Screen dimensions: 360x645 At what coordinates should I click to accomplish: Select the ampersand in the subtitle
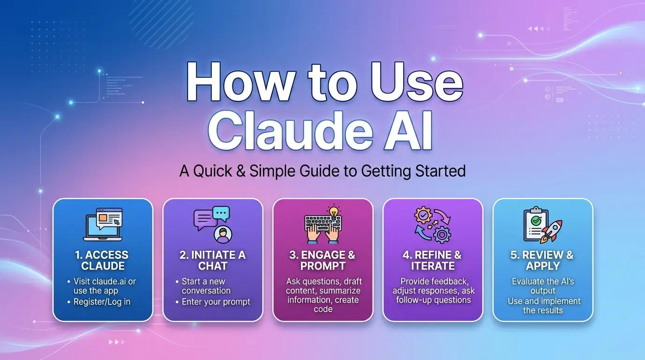240,171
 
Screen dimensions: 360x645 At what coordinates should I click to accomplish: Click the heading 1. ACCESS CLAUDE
102,261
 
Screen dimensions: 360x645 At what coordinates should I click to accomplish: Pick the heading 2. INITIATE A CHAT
212,261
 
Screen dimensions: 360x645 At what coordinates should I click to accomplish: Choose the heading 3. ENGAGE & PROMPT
322,261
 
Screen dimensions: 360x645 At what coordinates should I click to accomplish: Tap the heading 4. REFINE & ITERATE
433,261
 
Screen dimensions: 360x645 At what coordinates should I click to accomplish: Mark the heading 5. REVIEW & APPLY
542,261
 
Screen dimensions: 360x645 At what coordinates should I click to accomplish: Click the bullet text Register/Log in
102,302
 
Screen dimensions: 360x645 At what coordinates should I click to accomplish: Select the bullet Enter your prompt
216,302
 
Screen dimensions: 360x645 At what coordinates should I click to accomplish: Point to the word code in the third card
323,309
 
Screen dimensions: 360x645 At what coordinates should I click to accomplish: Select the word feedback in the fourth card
450,282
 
